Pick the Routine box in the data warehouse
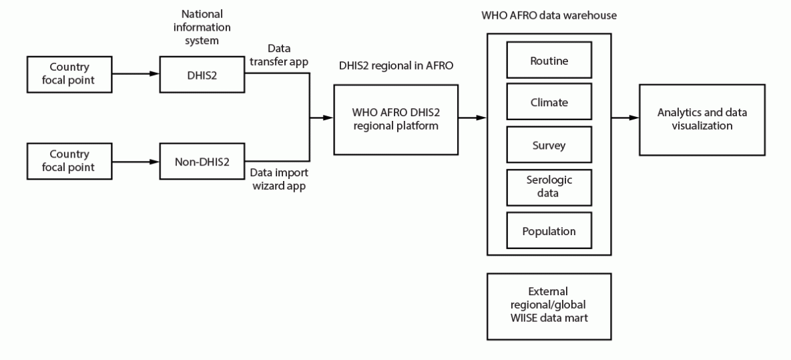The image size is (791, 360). pos(549,61)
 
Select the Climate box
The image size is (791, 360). pos(549,103)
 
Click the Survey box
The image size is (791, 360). pos(549,145)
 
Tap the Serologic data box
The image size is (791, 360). pos(549,186)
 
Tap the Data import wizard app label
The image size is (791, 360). pos(279,178)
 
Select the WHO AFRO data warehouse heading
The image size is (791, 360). pos(549,14)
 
